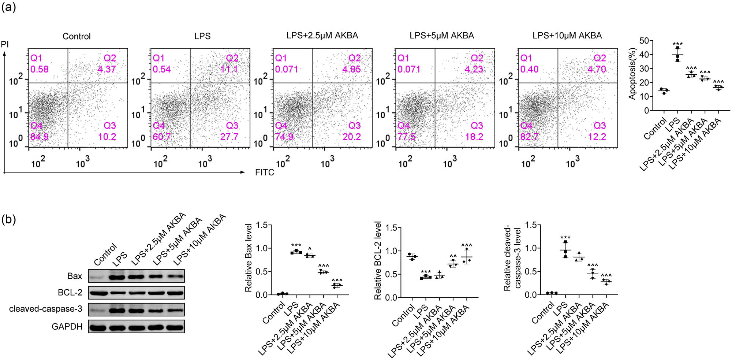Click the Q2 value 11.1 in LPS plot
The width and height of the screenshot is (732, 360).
coord(229,69)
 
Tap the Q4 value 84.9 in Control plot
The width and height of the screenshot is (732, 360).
coord(40,137)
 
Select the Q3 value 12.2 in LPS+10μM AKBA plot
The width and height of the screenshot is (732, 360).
coord(597,137)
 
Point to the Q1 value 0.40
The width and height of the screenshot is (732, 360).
coord(529,69)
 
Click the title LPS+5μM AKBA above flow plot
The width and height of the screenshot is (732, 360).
coord(442,36)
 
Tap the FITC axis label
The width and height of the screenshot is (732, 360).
coord(264,172)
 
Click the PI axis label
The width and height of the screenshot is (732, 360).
coord(5,45)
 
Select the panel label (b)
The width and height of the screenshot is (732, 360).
coord(8,220)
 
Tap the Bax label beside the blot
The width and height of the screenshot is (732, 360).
coord(75,276)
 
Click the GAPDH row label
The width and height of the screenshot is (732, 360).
coord(67,327)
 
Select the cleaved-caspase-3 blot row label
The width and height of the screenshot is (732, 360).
coord(46,309)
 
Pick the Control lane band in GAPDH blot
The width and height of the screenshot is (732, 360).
coord(98,327)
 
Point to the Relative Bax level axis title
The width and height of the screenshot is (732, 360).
coord(249,258)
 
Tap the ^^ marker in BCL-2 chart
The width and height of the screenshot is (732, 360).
coord(453,256)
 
